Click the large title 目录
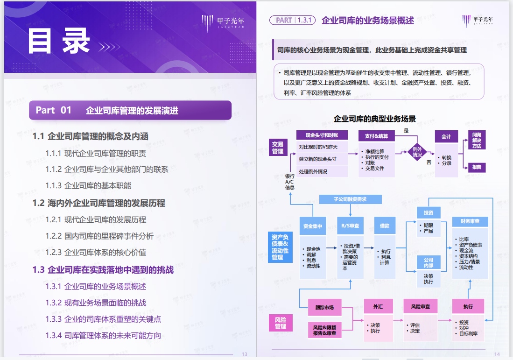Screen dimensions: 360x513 tap(58, 41)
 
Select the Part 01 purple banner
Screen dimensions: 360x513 tap(130, 110)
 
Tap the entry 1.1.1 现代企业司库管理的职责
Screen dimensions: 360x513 tap(96, 153)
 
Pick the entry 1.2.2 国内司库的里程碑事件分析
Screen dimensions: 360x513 tap(99, 236)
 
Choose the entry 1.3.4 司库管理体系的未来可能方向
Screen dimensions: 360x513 tap(103, 335)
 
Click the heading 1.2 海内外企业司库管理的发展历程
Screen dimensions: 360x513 tap(98, 203)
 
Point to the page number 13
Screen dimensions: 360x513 tap(244, 354)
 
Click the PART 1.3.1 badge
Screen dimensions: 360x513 tap(293, 21)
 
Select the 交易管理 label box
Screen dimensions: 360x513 tap(278, 148)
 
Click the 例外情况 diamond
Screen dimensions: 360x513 tap(417, 151)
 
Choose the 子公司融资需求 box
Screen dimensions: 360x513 tap(350, 199)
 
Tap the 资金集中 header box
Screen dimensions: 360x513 tap(313, 226)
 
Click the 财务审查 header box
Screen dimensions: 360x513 tap(470, 221)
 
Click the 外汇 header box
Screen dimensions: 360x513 tap(378, 306)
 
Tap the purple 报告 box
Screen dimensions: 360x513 tap(477, 167)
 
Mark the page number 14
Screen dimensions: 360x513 tap(497, 354)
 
